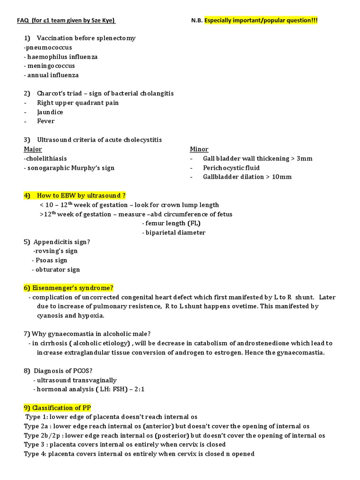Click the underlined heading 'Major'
[33, 149]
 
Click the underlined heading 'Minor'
[199, 149]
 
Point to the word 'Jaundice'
[50, 112]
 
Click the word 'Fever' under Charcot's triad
[46, 121]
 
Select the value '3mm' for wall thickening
[304, 158]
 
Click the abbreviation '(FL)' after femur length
[193, 223]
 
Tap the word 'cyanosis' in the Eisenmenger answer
[51, 315]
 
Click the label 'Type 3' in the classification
[34, 444]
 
